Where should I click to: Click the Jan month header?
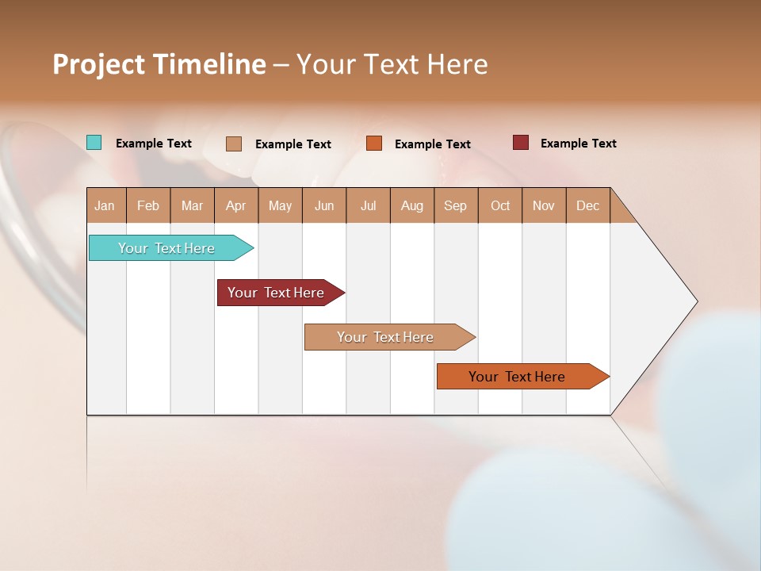(105, 206)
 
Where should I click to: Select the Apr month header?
(236, 206)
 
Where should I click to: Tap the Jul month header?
(368, 206)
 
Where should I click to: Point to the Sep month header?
(455, 206)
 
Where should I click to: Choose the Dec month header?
(587, 206)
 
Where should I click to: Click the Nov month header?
(543, 206)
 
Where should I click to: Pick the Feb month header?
(148, 206)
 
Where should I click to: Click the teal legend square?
(94, 143)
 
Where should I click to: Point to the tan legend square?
(234, 144)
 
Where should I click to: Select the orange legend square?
(374, 144)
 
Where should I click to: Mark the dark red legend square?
(521, 143)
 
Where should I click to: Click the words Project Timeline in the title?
(159, 64)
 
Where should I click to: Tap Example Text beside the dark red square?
(578, 144)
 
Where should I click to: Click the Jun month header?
(324, 206)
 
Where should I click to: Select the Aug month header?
(411, 206)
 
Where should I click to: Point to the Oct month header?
(500, 206)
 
